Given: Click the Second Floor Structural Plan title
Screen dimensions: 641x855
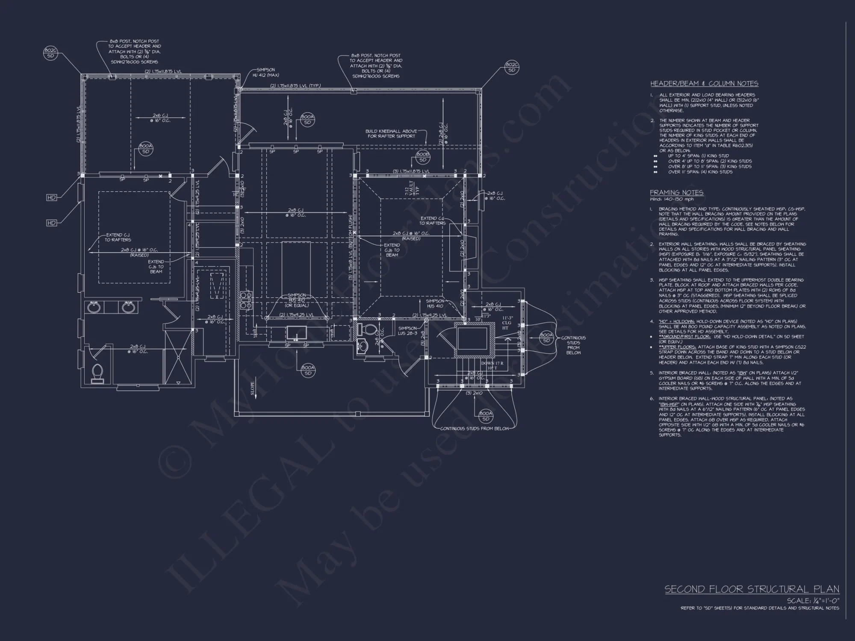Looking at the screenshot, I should click(752, 589).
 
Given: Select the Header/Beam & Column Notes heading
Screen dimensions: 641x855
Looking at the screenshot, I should click(704, 84).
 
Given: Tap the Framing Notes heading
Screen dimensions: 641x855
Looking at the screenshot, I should click(676, 193).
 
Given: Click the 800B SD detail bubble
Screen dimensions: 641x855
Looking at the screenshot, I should click(422, 157).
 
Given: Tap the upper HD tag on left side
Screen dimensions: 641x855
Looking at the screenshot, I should click(52, 197).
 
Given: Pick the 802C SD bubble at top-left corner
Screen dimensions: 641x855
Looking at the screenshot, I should click(50, 53).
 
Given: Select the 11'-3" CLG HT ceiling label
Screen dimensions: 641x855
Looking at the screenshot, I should click(507, 323).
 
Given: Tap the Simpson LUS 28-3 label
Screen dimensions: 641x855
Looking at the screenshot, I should click(407, 331).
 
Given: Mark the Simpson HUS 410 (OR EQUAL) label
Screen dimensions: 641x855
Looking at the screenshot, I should click(296, 300).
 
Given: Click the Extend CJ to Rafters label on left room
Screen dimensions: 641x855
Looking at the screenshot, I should click(118, 237).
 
